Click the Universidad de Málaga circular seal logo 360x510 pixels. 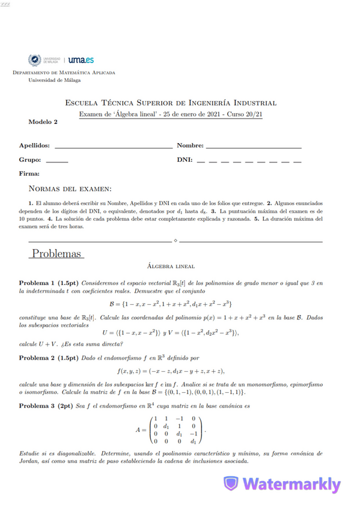coord(34,60)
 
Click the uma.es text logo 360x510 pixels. coord(82,60)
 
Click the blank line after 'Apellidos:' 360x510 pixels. coord(113,146)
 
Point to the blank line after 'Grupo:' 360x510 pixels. coord(57,161)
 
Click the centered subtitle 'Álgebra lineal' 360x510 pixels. coord(171,265)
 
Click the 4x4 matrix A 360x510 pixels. coord(175,429)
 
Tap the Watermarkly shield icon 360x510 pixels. coord(230,484)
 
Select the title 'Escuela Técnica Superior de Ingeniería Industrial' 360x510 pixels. coord(171,103)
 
